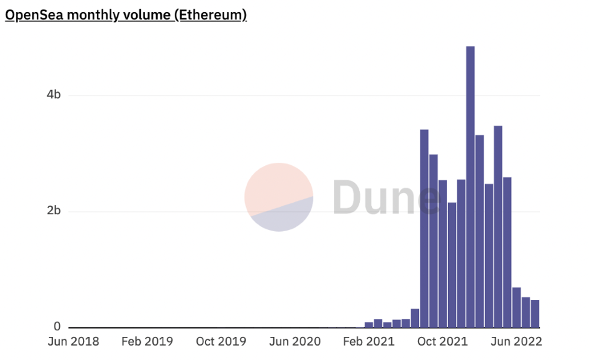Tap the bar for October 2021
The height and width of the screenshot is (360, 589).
(443, 254)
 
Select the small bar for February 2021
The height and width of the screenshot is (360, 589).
(369, 325)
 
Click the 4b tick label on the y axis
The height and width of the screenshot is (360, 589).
(54, 95)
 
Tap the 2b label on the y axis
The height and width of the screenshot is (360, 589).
(54, 211)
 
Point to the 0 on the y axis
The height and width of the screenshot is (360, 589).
(57, 327)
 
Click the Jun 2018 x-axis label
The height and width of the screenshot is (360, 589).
(73, 341)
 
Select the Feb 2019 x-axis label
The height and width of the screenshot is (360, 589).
(147, 341)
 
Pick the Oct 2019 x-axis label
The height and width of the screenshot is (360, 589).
(221, 341)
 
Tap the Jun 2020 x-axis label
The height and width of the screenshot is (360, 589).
(294, 341)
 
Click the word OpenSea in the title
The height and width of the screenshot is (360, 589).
(34, 15)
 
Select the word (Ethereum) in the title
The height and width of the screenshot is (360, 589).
(210, 15)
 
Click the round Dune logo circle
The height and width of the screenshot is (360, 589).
(279, 197)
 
